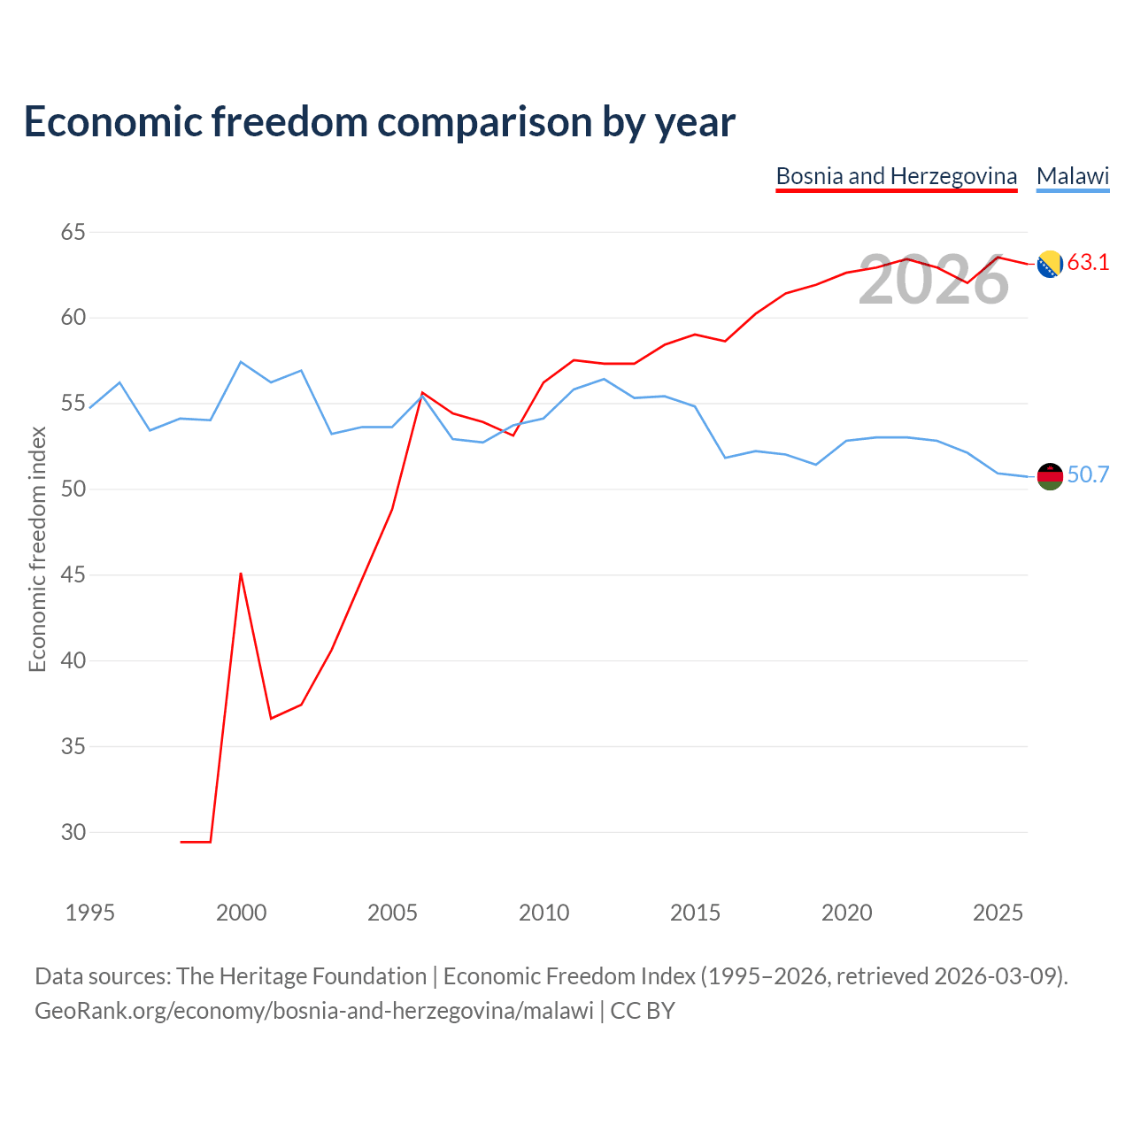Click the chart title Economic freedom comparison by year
379,122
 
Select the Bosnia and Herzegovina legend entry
896,176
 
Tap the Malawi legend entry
1073,176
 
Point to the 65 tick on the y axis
73,232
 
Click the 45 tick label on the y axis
73,574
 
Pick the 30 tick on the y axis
73,832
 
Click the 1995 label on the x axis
90,913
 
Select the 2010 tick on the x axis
543,913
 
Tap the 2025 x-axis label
998,913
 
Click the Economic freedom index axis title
38,549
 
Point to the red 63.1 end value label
1089,262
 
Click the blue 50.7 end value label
1089,474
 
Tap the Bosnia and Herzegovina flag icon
1050,264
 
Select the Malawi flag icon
1050,476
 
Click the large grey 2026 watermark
934,280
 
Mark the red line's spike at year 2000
241,574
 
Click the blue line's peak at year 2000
241,362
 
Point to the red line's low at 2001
271,719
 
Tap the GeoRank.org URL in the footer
314,1012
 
